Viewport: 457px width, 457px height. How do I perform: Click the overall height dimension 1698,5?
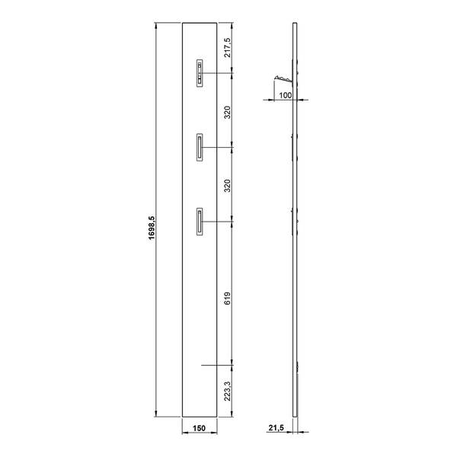click(152, 228)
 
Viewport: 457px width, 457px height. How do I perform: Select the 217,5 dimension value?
click(227, 47)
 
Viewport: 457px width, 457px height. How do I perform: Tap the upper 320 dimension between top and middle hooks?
click(227, 112)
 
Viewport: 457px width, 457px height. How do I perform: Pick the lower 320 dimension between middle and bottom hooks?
click(227, 186)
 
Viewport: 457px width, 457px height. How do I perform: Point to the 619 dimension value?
click(227, 298)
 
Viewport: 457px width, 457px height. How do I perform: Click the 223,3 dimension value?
click(227, 391)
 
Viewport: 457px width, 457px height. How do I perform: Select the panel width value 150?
click(199, 428)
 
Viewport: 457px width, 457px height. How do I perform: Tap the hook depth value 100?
click(286, 95)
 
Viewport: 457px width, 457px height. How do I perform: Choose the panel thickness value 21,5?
click(276, 428)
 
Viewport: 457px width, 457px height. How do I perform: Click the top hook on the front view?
click(200, 73)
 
